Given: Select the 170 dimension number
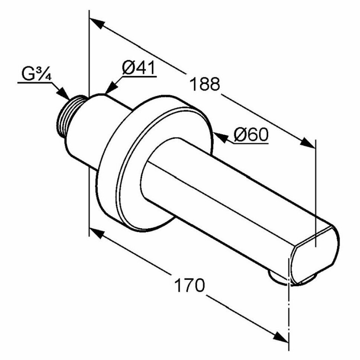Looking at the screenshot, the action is pyautogui.click(x=190, y=285).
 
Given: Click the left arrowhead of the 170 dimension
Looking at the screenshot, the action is pyautogui.click(x=96, y=234).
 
